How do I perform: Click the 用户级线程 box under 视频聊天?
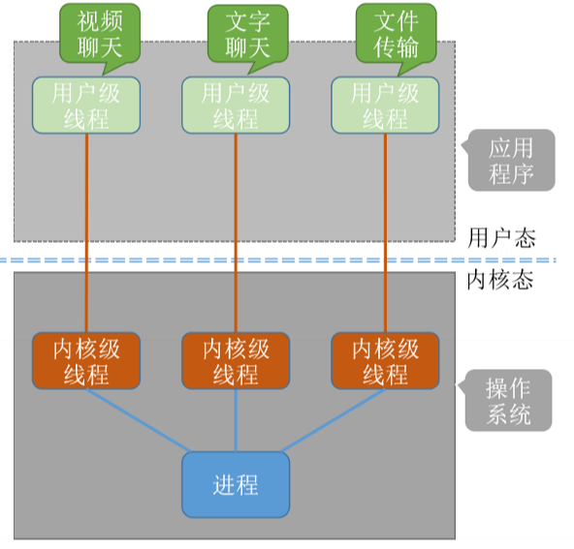(x=86, y=106)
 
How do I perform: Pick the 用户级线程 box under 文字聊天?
(x=236, y=106)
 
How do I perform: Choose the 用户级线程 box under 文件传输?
(x=385, y=106)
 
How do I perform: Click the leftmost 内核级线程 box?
(x=86, y=361)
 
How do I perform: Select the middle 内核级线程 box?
(x=236, y=361)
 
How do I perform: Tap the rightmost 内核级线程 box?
(x=385, y=361)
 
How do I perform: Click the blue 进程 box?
(x=236, y=483)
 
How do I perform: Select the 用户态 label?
(x=500, y=237)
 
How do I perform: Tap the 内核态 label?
(x=500, y=281)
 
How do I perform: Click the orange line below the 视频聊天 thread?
(x=86, y=232)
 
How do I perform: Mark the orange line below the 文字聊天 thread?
(x=236, y=232)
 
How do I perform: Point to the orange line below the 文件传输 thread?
(x=385, y=232)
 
